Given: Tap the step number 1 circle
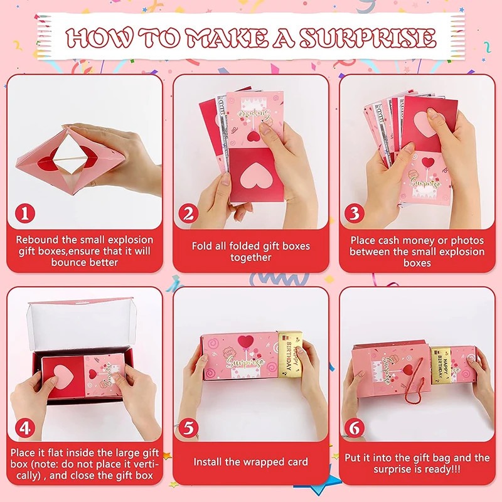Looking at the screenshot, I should pyautogui.click(x=25, y=213).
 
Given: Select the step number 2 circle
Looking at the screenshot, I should pyautogui.click(x=188, y=213).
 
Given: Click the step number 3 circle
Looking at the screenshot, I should pyautogui.click(x=355, y=213).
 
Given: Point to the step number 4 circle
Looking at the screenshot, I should pyautogui.click(x=25, y=428).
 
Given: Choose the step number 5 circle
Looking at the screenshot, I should pyautogui.click(x=188, y=428).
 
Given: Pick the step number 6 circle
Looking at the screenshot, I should pyautogui.click(x=355, y=428).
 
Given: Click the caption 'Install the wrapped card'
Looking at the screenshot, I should pyautogui.click(x=250, y=462).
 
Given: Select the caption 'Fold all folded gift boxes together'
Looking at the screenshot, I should pyautogui.click(x=250, y=252).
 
